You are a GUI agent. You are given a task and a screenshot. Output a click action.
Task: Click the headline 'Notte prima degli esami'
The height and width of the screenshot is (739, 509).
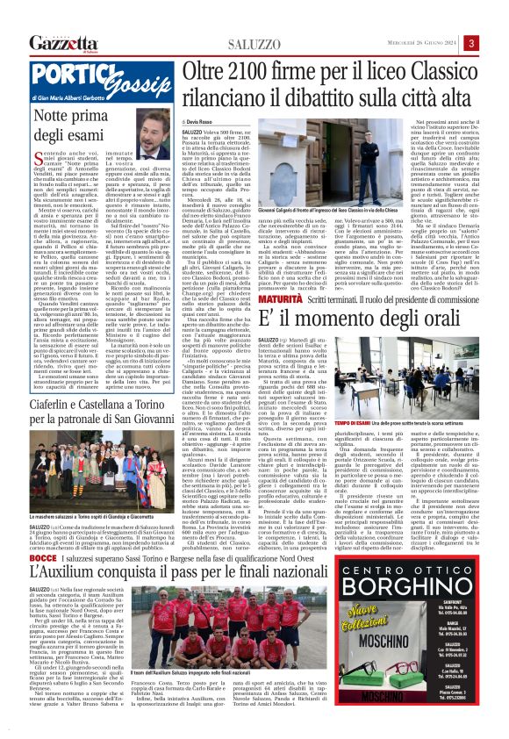click(x=68, y=126)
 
